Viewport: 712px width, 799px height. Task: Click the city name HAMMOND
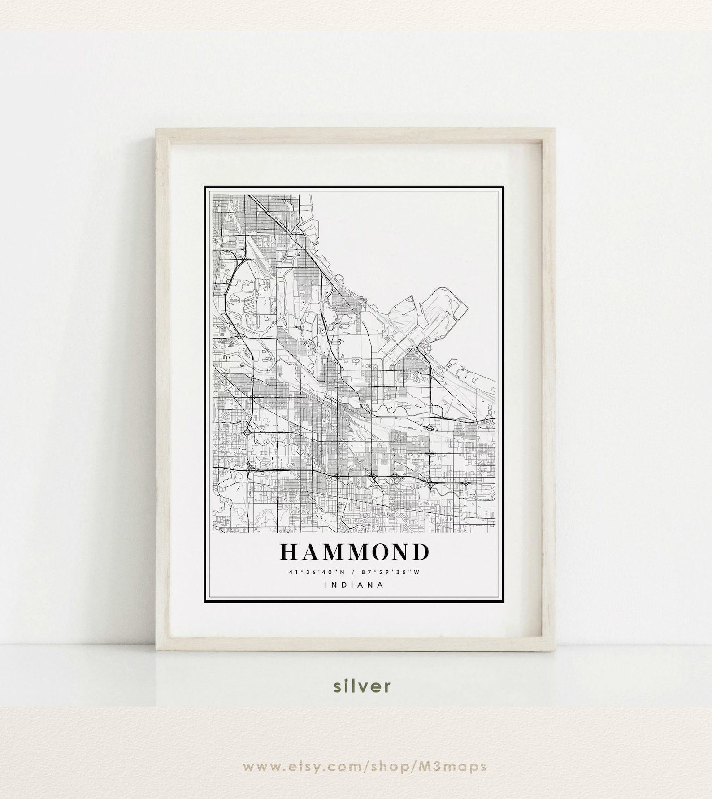(x=354, y=552)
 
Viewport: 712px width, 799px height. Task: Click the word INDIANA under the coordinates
(x=354, y=585)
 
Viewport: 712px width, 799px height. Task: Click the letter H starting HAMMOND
(x=289, y=552)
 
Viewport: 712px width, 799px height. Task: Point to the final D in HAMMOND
(x=420, y=552)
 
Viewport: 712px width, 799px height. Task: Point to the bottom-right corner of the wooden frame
(x=555, y=642)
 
